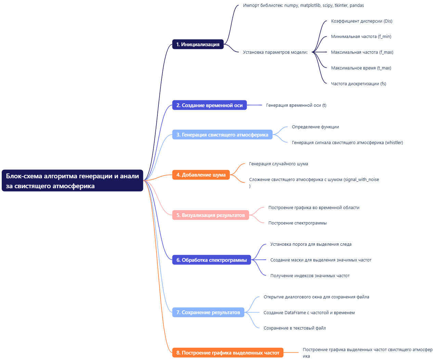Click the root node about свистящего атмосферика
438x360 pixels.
pos(72,181)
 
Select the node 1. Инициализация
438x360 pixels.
pos(198,44)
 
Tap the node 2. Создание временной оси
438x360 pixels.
pos(209,105)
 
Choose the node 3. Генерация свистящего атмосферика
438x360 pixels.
pos(222,135)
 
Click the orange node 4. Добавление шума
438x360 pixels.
pos(201,175)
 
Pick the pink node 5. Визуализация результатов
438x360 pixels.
pos(210,215)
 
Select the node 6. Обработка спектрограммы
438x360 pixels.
pos(211,260)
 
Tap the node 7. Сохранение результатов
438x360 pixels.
pos(208,312)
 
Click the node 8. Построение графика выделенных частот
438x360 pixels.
pos(228,353)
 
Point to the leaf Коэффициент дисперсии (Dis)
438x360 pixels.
pos(361,21)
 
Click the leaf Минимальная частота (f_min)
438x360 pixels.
pos(361,37)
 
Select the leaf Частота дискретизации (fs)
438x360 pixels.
pos(358,84)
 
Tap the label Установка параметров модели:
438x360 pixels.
pos(275,52)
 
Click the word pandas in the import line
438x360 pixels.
pos(357,5)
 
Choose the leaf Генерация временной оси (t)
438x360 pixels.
pos(296,105)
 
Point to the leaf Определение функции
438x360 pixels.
pos(315,127)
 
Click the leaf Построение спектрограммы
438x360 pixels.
pos(297,223)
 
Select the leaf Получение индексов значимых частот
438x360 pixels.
pos(310,276)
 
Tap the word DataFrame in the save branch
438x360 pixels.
pos(295,313)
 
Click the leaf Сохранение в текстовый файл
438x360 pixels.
pos(294,328)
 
